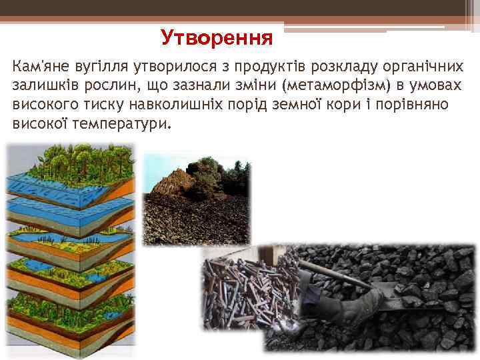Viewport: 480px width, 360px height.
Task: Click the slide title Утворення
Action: (x=217, y=37)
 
